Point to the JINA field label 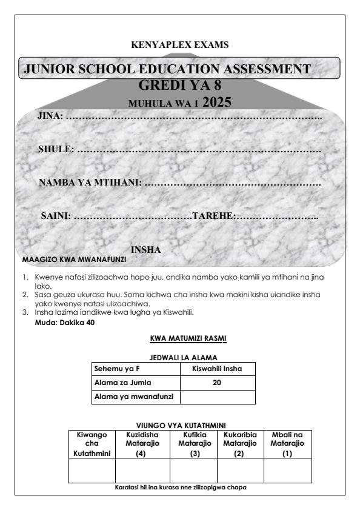coord(50,115)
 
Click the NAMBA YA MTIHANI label coord(90,182)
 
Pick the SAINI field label coord(55,215)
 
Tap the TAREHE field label coord(213,215)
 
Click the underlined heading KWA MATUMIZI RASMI coord(180,338)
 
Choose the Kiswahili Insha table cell coord(218,368)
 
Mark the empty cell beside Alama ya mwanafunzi coord(218,397)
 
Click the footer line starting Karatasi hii coord(180,487)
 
